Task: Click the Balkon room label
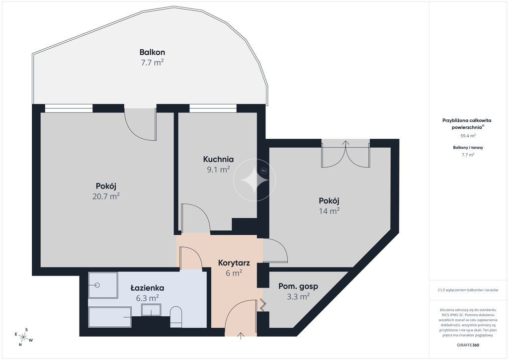(152, 52)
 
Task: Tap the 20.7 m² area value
(106, 196)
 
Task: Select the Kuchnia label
(219, 159)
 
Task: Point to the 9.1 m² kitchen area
(219, 169)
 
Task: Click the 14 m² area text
(329, 211)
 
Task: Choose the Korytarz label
(234, 263)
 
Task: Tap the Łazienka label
(147, 287)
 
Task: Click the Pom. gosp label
(298, 286)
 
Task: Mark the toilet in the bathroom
(176, 317)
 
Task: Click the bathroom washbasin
(151, 310)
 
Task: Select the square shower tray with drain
(103, 285)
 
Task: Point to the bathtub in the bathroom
(110, 317)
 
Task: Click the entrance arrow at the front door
(241, 336)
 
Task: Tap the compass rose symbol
(23, 337)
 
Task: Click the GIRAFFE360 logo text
(468, 345)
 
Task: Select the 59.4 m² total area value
(468, 136)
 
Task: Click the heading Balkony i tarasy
(468, 147)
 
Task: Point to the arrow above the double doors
(346, 144)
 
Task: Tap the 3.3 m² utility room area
(298, 296)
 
